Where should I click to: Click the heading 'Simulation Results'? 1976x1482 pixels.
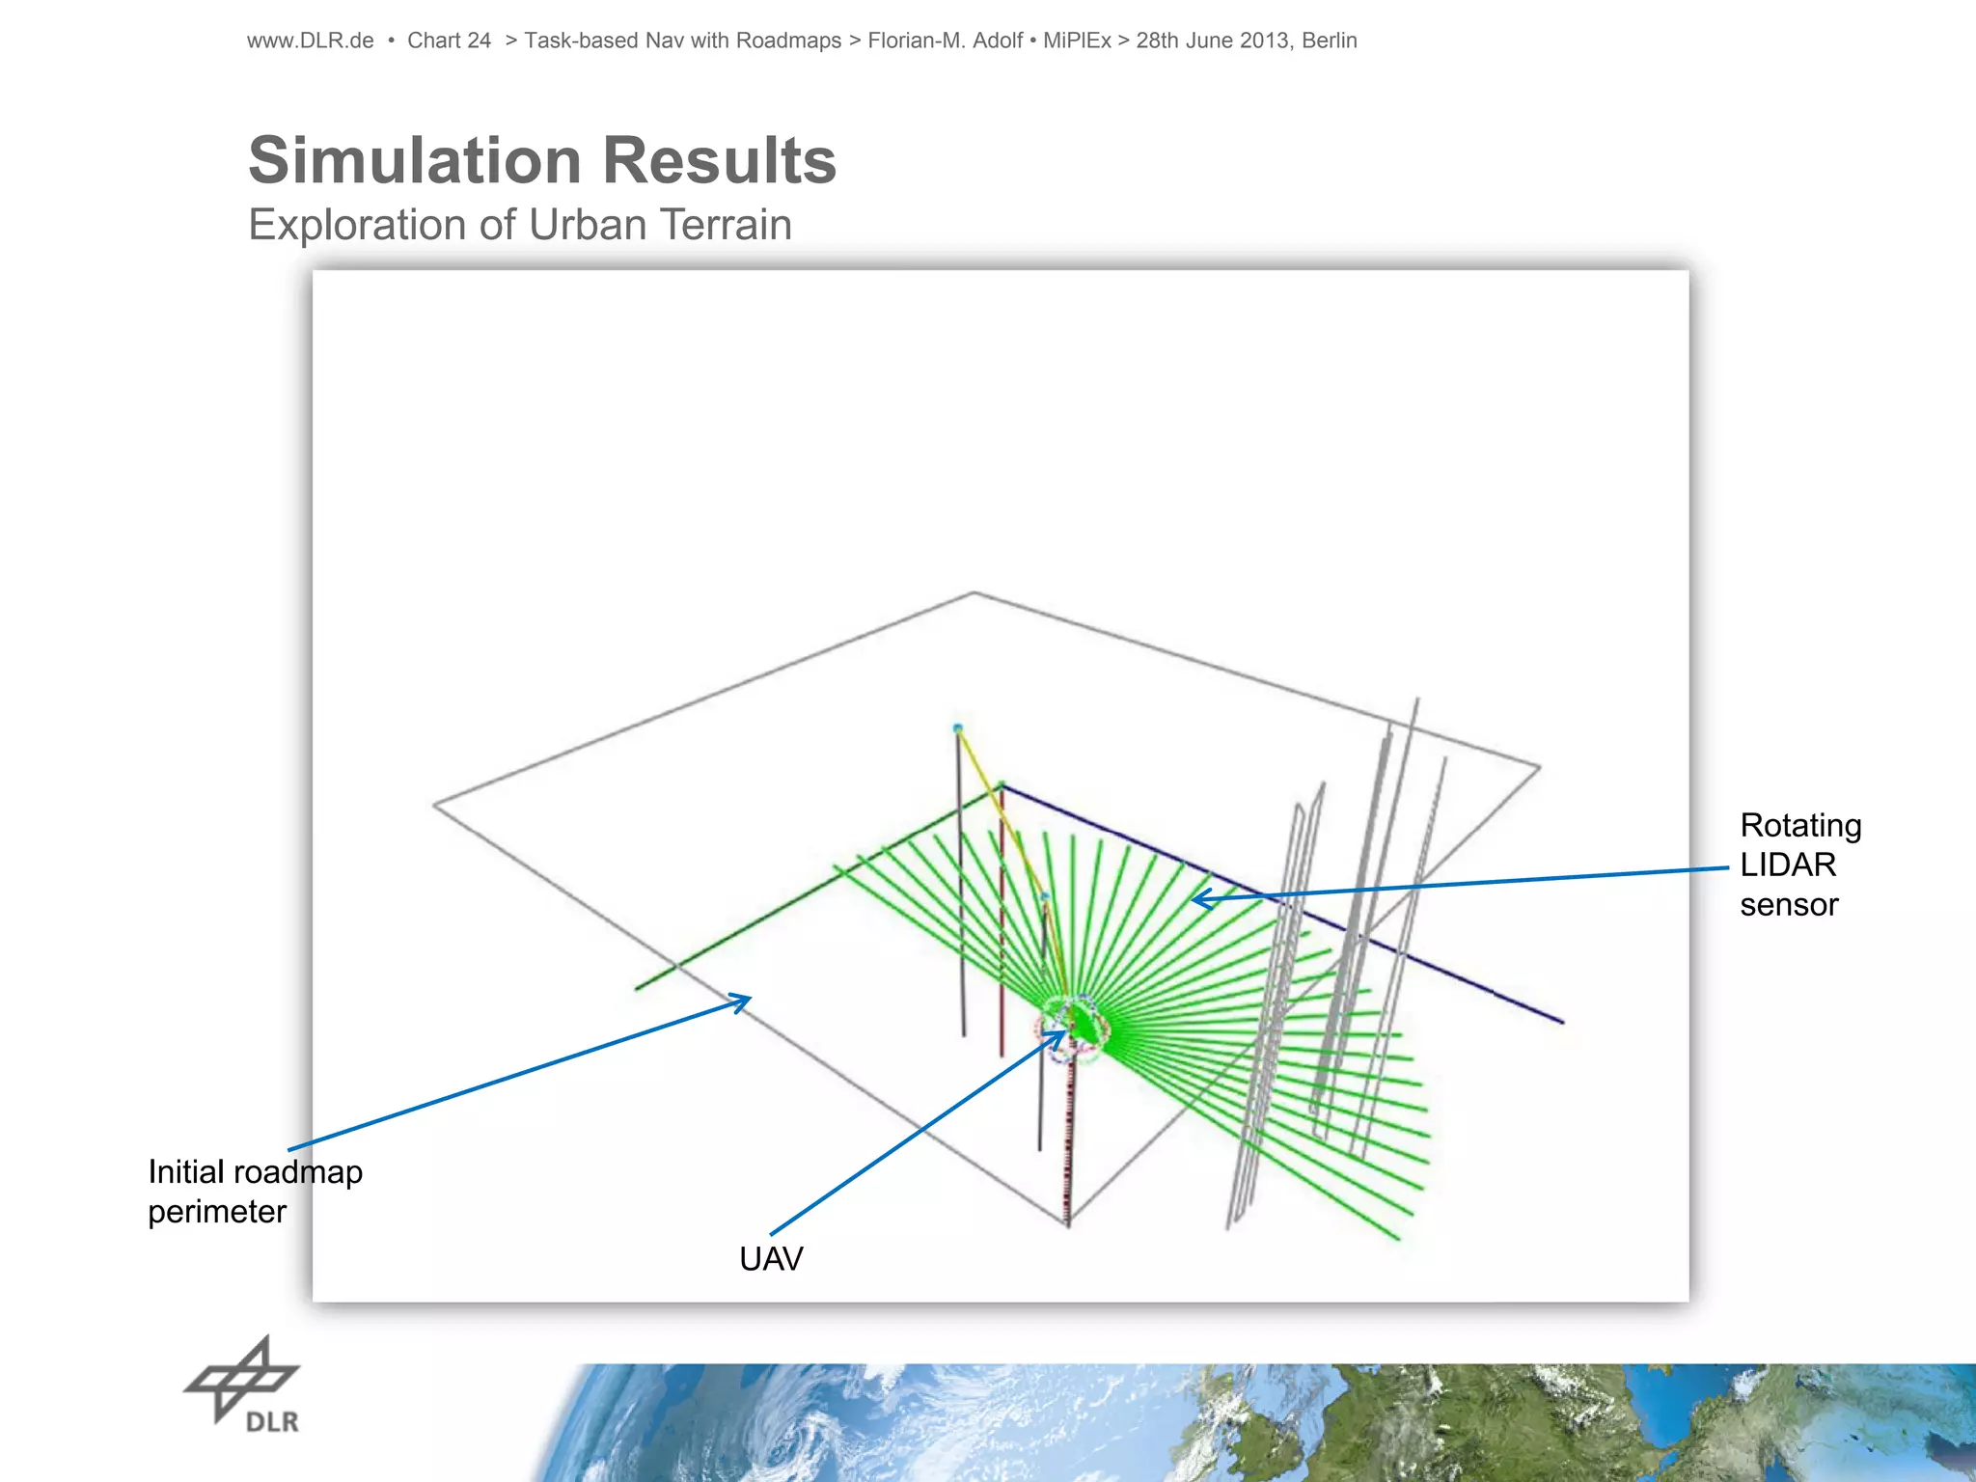coord(542,160)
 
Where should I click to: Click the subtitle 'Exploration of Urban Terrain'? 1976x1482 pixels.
coord(520,225)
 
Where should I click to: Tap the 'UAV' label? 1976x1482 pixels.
coord(771,1259)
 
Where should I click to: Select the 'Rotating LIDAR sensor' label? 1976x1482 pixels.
coord(1799,864)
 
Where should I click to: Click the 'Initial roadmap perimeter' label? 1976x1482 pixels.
coord(255,1192)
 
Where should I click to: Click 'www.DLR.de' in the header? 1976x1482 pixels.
coord(310,41)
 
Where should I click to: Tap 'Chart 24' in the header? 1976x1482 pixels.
coord(449,41)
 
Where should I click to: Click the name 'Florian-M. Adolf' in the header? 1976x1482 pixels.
coord(945,41)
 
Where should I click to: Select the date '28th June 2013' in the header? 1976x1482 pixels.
coord(1212,41)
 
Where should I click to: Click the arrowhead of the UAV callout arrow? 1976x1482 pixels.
coord(1061,1034)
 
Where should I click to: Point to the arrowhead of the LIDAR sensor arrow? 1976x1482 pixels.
coord(1196,899)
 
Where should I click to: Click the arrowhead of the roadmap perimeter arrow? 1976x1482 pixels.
coord(745,1001)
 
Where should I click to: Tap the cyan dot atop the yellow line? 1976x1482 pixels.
coord(957,727)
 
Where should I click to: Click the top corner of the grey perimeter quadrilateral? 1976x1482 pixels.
coord(974,592)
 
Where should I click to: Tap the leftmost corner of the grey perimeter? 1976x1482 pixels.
coord(434,805)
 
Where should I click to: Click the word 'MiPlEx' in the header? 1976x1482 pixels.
coord(1077,41)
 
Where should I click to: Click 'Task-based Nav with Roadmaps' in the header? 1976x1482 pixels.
coord(682,41)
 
